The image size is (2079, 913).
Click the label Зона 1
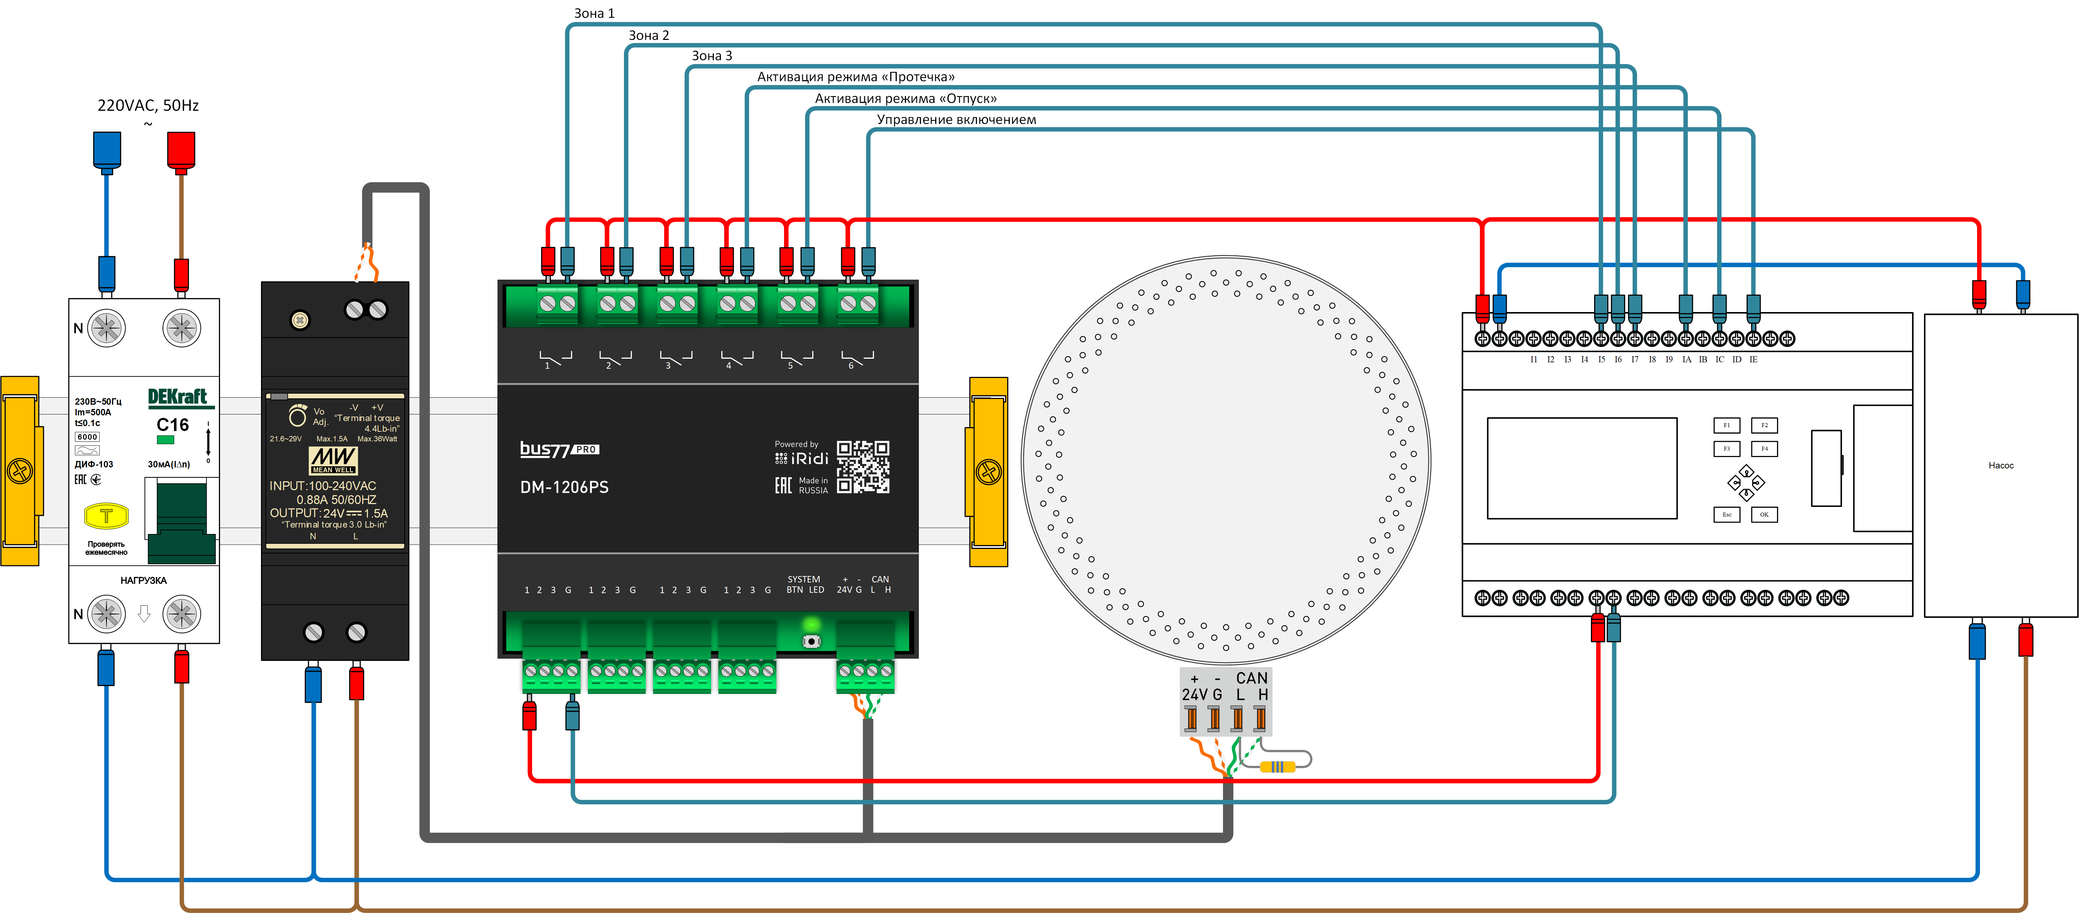click(594, 13)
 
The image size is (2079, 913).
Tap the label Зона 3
click(712, 56)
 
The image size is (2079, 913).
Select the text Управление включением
click(956, 119)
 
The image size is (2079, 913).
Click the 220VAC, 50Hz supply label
click(148, 106)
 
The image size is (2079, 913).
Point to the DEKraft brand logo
click(178, 397)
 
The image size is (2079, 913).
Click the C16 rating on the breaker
click(173, 425)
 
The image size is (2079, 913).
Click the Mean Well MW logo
click(333, 460)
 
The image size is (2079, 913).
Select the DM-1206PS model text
click(564, 487)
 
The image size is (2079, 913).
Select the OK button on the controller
click(1764, 515)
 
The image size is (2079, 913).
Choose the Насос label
click(2001, 465)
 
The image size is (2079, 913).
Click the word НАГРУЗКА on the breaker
click(144, 581)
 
